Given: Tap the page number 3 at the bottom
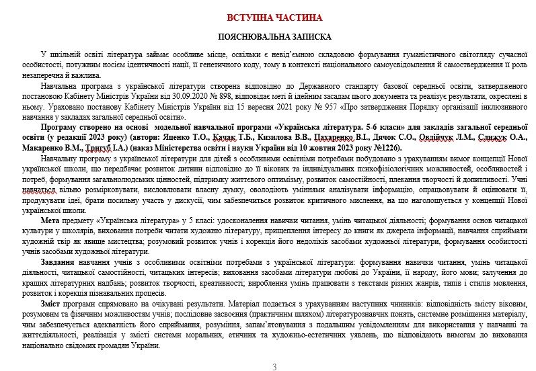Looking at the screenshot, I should [274, 367].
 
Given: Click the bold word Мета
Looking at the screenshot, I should [52, 220].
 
